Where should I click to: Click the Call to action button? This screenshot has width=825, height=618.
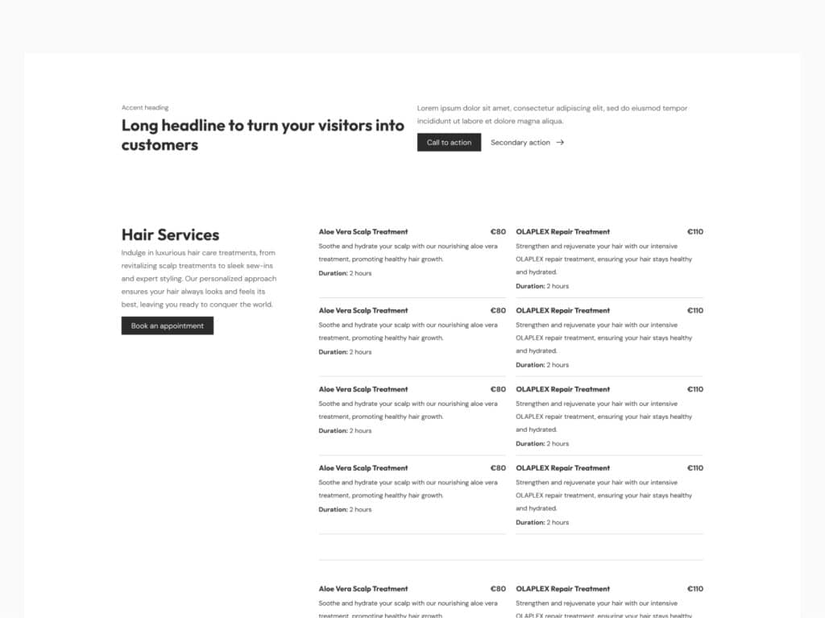point(449,143)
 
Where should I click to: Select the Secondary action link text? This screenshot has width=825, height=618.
point(520,143)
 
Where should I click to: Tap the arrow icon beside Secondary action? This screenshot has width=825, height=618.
point(560,143)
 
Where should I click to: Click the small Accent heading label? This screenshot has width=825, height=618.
point(145,107)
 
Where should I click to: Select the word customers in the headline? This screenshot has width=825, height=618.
point(160,145)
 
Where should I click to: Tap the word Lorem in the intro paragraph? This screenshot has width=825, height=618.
point(429,108)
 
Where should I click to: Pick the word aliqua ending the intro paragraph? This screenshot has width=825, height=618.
point(551,121)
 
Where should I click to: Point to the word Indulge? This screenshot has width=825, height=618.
point(134,253)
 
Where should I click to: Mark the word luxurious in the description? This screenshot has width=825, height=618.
point(173,253)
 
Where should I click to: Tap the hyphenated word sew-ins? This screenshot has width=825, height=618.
point(257,266)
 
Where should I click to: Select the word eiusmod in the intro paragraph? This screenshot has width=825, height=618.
point(649,108)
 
